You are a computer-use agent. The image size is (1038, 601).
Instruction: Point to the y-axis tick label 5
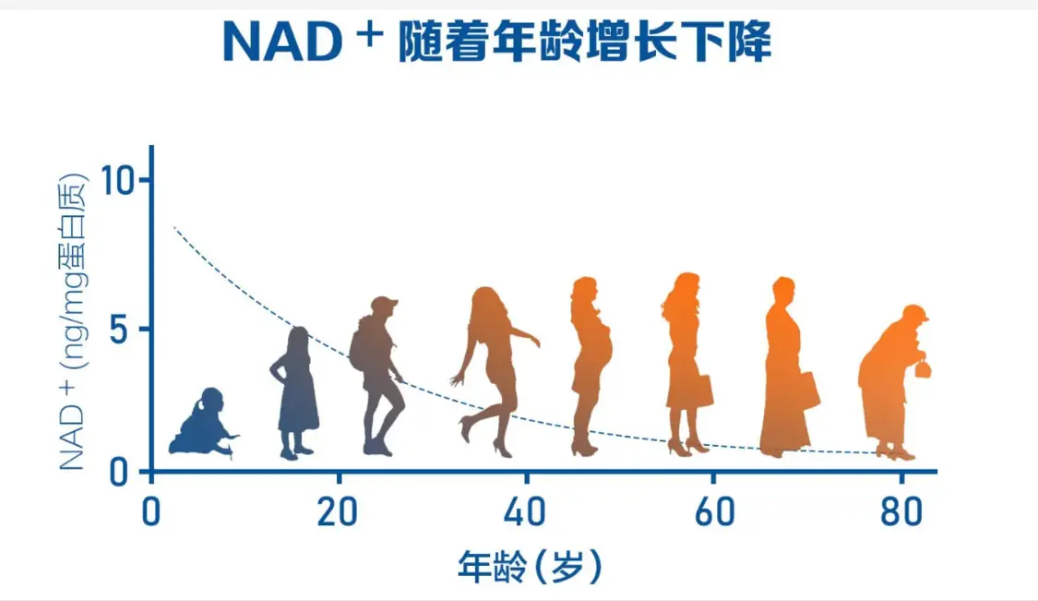tap(118, 330)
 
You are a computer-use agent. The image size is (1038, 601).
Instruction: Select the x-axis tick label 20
tap(338, 512)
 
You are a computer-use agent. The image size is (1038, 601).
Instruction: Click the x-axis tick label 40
tap(525, 512)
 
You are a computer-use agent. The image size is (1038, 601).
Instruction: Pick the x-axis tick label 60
tap(714, 512)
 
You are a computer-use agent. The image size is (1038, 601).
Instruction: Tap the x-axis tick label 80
tap(901, 512)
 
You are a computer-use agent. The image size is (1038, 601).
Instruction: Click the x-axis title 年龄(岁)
tap(530, 567)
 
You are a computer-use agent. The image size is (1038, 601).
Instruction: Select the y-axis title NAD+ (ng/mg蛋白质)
tap(72, 322)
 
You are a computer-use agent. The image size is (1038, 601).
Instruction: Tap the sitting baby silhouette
tap(204, 423)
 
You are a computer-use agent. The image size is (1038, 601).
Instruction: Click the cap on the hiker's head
tap(384, 304)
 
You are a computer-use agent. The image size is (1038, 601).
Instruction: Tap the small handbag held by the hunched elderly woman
tap(922, 367)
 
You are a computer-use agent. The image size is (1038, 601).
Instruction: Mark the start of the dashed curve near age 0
tap(174, 227)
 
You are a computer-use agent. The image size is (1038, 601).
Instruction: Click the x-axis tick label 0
tap(151, 512)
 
